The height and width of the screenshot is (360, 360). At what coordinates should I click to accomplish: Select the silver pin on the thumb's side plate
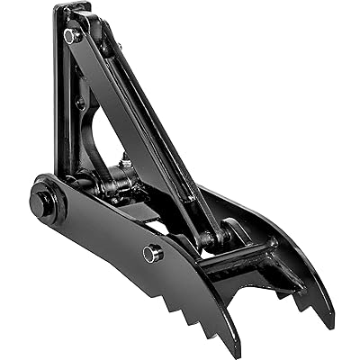pos(152,254)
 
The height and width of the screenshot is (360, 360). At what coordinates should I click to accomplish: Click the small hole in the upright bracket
pos(80,104)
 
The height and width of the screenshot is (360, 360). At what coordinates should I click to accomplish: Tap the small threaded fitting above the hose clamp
pos(125,166)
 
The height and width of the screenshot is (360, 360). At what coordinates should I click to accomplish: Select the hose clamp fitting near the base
pos(117,184)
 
